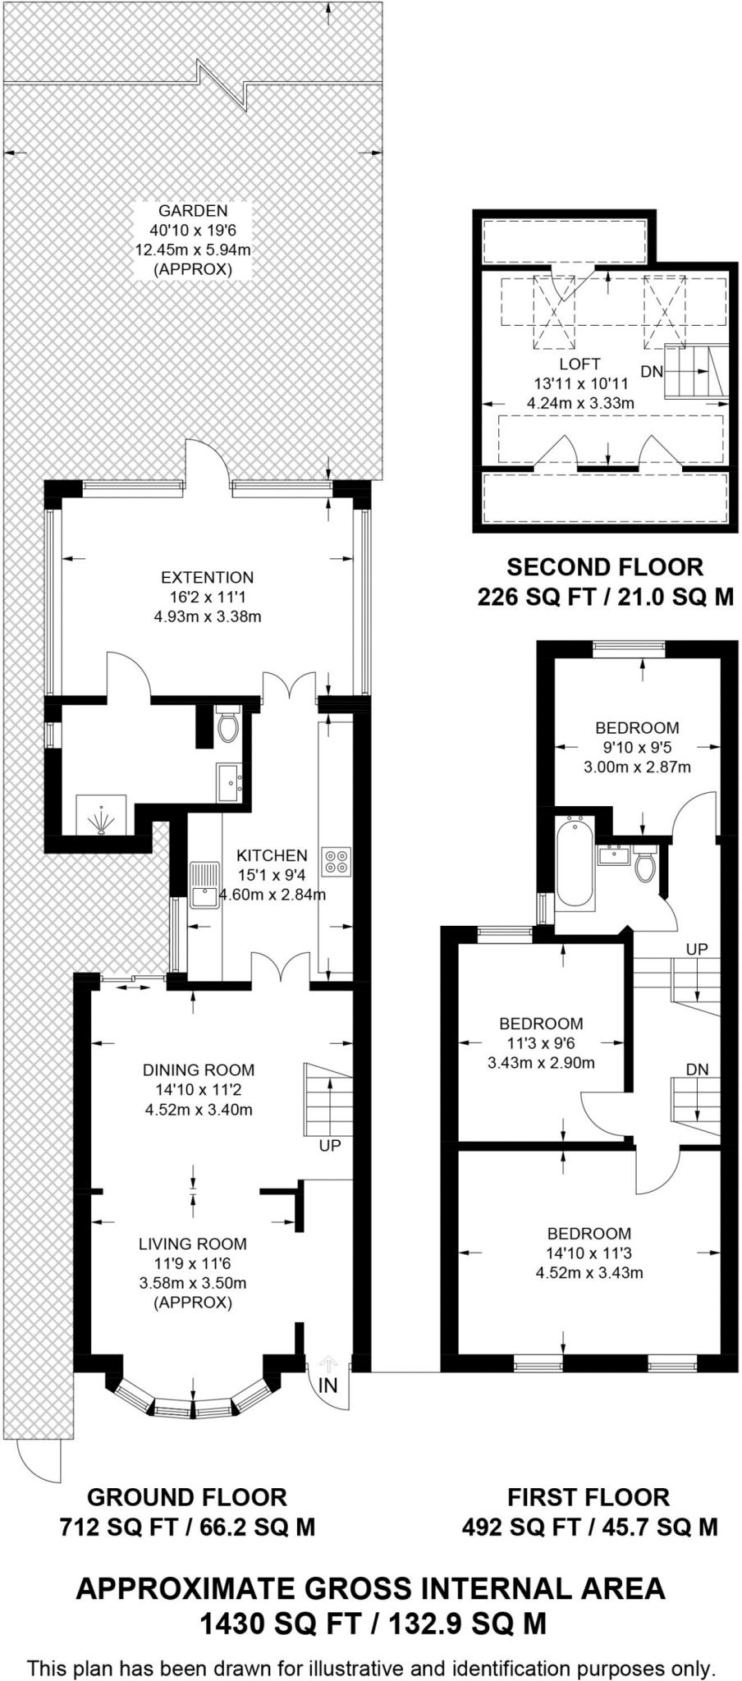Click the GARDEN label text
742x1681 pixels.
coord(193,211)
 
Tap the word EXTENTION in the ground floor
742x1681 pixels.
coord(207,577)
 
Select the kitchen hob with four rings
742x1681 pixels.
coord(337,860)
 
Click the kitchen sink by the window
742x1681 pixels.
coord(204,886)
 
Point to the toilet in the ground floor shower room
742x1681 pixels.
coord(228,726)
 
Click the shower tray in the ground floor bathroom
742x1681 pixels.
coord(101,814)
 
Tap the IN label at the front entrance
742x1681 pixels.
coord(327,1386)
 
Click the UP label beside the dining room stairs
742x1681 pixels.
coord(329,1145)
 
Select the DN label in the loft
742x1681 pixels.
coord(652,371)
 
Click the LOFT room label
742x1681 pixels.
coord(579,364)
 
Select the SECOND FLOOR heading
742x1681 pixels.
coord(605,567)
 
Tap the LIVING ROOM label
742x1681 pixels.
coord(192,1244)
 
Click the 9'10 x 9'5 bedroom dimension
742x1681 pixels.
coord(637,748)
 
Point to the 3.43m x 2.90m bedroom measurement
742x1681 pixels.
coord(541,1063)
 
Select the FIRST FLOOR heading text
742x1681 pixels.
coord(589,1497)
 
